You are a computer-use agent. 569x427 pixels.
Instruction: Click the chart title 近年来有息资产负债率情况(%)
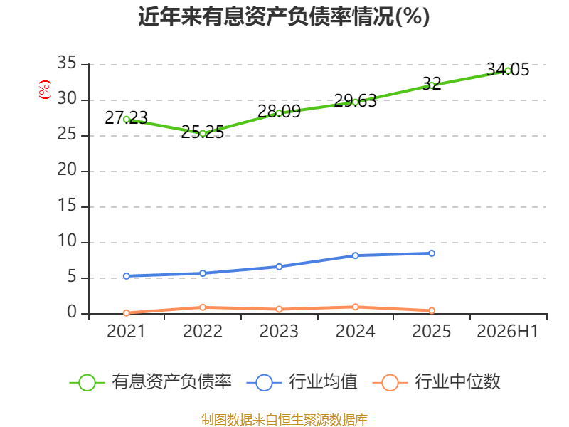284,16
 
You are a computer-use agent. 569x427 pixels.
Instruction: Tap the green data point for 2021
127,120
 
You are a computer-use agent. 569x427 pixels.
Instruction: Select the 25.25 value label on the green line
203,132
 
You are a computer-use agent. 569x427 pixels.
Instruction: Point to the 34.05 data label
508,69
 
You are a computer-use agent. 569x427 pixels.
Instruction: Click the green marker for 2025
432,85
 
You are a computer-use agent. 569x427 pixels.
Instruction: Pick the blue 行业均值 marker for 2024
355,255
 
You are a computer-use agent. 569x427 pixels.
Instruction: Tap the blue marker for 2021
127,276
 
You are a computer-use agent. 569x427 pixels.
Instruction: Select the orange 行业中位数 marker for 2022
203,307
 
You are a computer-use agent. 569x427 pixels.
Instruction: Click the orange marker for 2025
432,310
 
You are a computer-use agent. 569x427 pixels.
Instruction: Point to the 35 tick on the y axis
67,63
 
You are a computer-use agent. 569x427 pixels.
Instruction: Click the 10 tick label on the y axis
67,241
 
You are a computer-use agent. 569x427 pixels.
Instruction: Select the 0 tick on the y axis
72,312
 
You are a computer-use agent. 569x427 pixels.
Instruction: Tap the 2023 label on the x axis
279,332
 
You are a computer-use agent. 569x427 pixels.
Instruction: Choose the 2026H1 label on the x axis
507,332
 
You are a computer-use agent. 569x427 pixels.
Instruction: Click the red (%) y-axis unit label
45,90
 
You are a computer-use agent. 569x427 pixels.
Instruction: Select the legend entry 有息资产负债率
150,382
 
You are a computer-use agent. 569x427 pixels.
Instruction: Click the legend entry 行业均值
302,382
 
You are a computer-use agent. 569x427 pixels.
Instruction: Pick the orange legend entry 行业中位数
437,382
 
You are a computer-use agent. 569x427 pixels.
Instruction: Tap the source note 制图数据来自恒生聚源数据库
284,420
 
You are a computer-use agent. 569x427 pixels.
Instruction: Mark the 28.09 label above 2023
279,112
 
